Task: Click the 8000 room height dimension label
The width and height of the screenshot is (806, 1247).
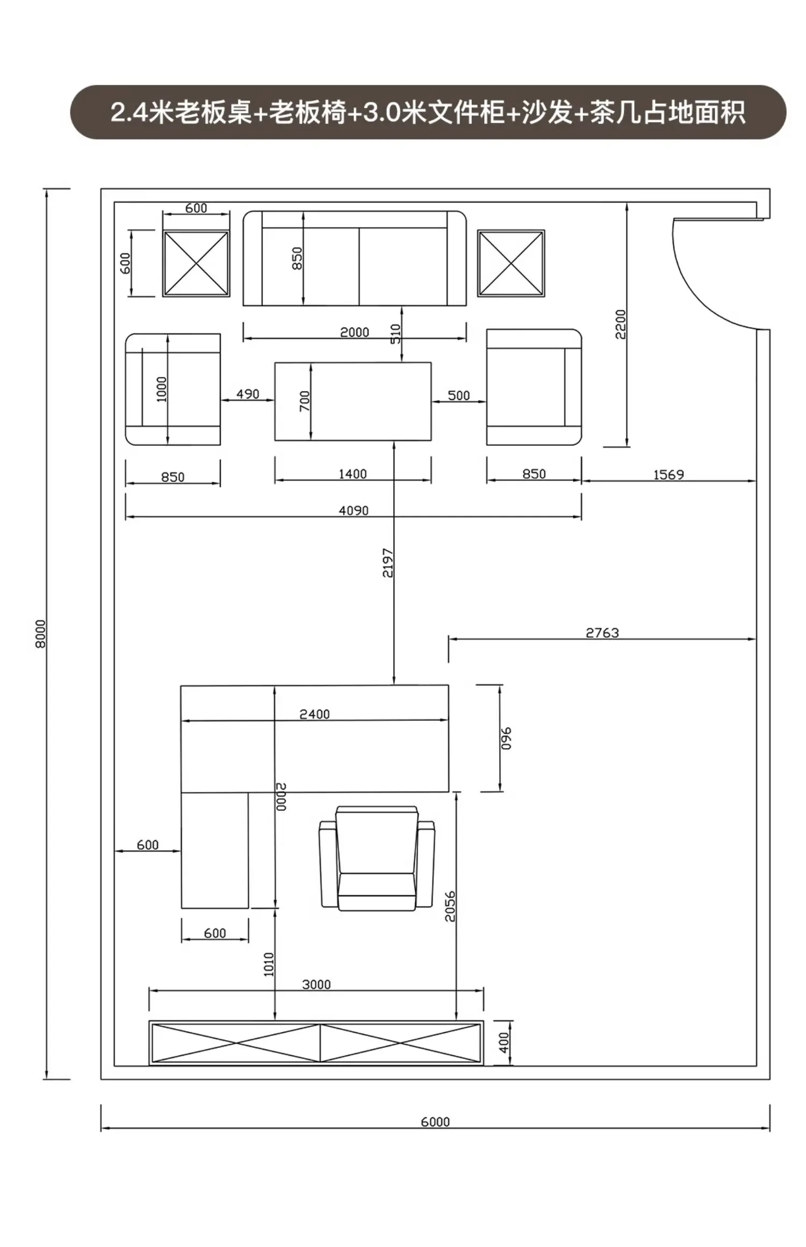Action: click(41, 634)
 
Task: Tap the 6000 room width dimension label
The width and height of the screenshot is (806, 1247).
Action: click(435, 1122)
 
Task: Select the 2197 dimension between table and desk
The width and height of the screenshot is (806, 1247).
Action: click(387, 563)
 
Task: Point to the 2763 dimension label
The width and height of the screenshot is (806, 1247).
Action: click(602, 633)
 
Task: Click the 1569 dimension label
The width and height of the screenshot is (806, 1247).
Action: click(668, 475)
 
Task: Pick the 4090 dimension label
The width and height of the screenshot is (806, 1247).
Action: click(354, 511)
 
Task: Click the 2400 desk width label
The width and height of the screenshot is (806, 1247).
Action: click(314, 714)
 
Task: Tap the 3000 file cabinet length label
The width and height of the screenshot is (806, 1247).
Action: click(316, 984)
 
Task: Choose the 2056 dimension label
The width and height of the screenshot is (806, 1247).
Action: click(450, 907)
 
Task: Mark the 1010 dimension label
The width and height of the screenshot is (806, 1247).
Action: click(269, 965)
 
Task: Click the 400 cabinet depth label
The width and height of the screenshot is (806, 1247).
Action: click(503, 1042)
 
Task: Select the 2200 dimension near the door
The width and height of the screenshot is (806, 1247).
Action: click(621, 324)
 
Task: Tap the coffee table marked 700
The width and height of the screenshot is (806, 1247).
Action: click(353, 401)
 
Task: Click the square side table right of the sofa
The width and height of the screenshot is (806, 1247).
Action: click(511, 263)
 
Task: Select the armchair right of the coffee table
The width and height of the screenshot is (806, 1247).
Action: click(534, 387)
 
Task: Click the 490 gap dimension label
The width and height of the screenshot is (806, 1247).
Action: click(248, 394)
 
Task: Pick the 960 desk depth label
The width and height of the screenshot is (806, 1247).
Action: click(506, 738)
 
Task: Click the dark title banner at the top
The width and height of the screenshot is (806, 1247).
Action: click(428, 112)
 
